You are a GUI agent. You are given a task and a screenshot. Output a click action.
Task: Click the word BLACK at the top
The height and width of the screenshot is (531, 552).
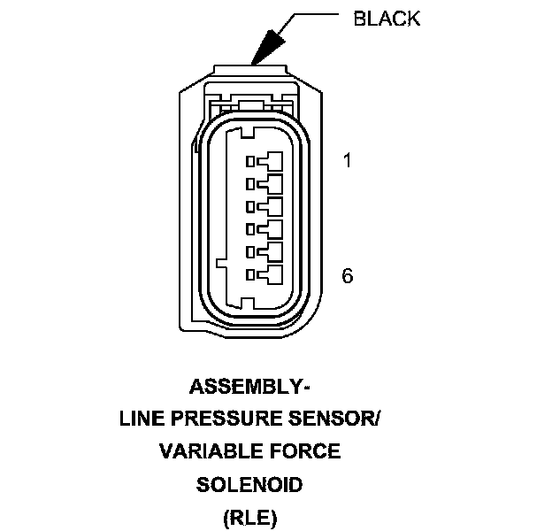387,19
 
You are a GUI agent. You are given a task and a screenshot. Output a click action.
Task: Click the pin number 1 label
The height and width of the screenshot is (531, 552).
347,162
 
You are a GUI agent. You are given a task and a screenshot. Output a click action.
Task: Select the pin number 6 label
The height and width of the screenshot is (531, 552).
347,276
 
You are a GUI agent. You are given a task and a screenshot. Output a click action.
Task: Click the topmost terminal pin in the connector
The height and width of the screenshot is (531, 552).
271,161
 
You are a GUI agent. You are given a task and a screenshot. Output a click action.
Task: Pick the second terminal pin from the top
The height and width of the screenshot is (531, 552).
271,184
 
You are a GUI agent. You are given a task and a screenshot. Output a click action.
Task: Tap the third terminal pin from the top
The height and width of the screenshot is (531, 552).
271,207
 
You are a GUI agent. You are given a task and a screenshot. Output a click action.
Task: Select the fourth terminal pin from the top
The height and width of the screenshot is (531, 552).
271,230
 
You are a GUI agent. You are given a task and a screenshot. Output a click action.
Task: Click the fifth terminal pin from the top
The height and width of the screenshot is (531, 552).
271,252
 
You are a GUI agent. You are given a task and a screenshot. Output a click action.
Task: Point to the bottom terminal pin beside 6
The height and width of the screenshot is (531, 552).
271,275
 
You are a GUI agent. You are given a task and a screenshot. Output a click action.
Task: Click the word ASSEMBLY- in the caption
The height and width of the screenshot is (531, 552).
249,387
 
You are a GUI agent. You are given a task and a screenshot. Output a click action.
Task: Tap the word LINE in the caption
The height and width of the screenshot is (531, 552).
141,419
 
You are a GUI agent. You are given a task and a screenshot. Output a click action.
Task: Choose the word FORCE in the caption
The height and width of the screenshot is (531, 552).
307,451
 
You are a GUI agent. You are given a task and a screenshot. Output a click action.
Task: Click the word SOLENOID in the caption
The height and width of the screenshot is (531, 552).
249,484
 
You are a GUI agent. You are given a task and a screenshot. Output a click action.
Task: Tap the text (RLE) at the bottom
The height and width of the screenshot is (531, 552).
249,517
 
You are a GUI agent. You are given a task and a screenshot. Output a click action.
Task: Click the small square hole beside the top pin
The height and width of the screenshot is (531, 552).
251,161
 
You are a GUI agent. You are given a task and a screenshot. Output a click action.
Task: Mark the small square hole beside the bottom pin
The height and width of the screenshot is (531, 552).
251,275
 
